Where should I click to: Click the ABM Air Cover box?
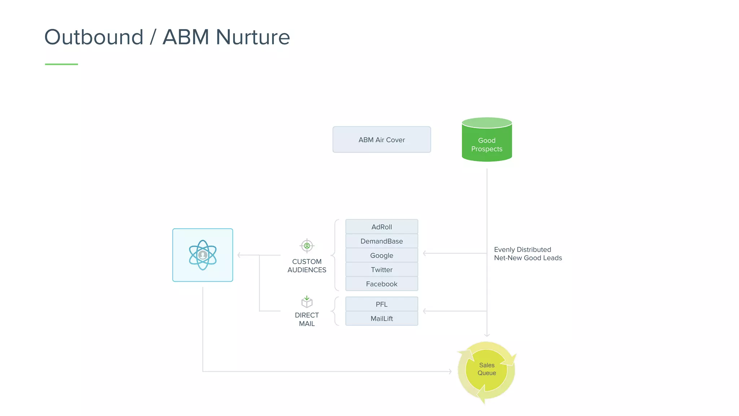[381, 140]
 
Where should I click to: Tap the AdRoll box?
[381, 227]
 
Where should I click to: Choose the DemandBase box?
[381, 241]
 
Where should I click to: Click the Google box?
[381, 255]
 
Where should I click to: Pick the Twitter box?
[381, 270]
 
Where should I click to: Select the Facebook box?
[381, 284]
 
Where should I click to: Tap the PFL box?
[381, 304]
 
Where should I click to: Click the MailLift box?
[381, 318]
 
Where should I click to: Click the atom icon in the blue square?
[203, 255]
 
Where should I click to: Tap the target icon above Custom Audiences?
[307, 246]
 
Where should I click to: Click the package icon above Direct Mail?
[307, 302]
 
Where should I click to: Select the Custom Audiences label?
[307, 266]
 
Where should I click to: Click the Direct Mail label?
[307, 319]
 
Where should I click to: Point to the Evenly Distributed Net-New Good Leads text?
[528, 253]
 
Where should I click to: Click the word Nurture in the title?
[253, 37]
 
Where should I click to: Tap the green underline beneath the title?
[61, 64]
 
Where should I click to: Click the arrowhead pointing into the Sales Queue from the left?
[450, 371]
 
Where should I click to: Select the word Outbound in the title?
[94, 37]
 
